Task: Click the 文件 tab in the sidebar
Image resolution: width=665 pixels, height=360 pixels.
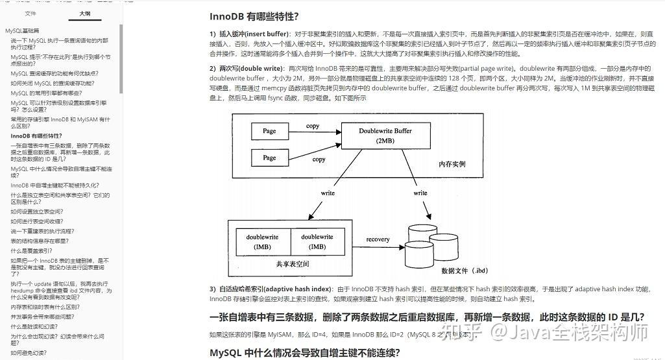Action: [x=30, y=13]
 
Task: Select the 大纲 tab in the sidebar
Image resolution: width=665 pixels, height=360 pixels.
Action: [x=85, y=13]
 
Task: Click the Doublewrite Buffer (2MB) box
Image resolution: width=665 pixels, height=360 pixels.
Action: [x=385, y=135]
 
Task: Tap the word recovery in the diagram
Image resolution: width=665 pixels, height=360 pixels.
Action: [x=378, y=239]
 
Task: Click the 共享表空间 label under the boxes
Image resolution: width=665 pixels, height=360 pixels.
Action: [x=292, y=264]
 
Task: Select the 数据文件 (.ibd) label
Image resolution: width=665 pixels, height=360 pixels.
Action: [x=465, y=270]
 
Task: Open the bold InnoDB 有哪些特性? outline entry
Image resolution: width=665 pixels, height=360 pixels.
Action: [x=36, y=136]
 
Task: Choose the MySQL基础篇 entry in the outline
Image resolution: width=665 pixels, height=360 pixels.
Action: [x=23, y=30]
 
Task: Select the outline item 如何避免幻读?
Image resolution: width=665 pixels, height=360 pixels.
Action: [x=29, y=353]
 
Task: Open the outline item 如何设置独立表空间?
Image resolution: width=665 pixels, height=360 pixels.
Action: [x=37, y=211]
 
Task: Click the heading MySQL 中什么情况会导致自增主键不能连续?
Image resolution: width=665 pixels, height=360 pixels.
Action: [x=305, y=353]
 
